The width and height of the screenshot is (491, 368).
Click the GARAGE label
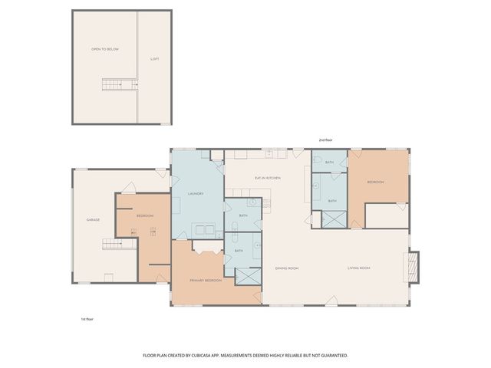click(x=92, y=220)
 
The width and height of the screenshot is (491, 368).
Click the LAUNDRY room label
click(x=196, y=193)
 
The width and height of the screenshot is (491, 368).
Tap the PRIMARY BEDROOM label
click(x=206, y=281)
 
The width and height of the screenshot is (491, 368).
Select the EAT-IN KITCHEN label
click(x=268, y=178)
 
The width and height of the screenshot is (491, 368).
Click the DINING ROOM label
click(x=286, y=268)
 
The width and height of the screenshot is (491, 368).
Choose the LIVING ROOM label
click(x=358, y=268)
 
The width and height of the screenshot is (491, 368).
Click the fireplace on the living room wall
click(x=413, y=268)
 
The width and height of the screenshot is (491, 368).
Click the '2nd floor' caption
click(x=326, y=140)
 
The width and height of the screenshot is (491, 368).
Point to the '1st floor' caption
click(x=88, y=318)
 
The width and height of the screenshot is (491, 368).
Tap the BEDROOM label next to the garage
click(x=145, y=216)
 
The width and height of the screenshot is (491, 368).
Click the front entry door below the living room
click(x=330, y=301)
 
